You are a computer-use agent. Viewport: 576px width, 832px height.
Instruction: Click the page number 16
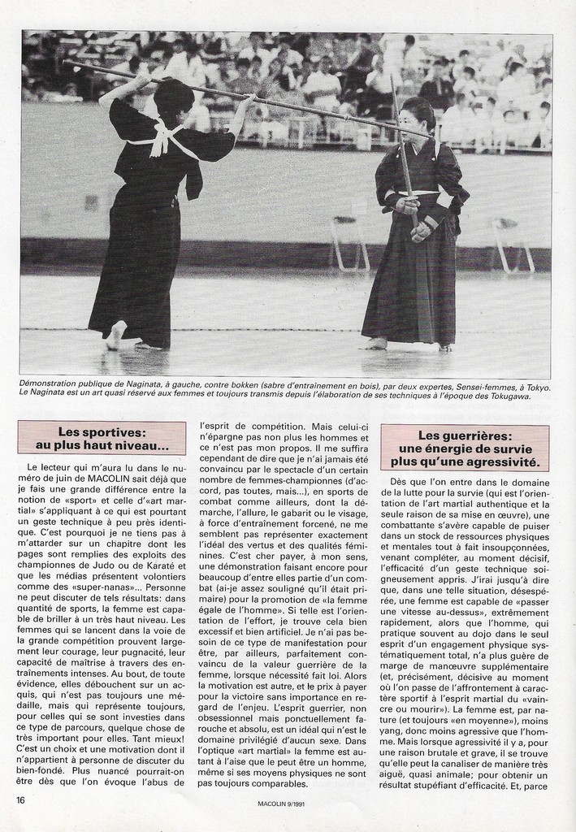20,799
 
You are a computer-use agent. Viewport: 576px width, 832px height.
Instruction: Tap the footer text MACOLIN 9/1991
280,805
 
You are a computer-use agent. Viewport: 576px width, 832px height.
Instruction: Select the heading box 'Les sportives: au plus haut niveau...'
102,439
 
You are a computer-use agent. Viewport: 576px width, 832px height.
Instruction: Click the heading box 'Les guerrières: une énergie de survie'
464,448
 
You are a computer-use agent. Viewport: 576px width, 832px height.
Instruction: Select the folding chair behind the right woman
349,241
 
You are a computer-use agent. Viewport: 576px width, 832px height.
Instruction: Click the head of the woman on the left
173,95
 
